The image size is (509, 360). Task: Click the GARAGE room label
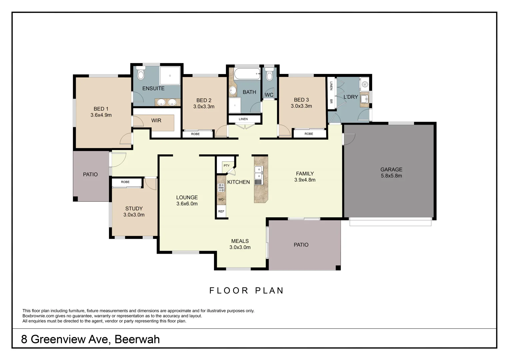391,169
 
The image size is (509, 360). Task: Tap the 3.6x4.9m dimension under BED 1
101,115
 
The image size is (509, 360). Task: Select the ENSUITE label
153,88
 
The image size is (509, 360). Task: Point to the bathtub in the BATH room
247,74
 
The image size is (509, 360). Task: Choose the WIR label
156,120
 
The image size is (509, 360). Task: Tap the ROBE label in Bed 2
195,134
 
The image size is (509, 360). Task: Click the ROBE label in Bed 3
309,134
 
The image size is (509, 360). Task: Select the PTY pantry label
227,166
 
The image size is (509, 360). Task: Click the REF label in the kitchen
221,211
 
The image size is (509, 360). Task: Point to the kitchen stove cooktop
221,187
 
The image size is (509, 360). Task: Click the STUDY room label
134,209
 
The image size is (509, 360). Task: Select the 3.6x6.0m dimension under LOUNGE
187,204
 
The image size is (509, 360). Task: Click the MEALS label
240,241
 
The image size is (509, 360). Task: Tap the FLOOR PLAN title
246,291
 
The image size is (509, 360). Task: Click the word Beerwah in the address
137,339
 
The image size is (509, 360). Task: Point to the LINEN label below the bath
243,119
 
